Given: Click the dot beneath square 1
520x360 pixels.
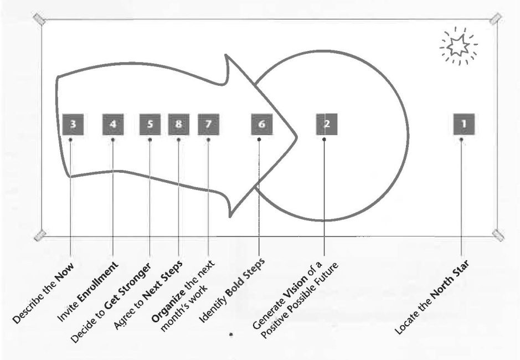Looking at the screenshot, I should [x=462, y=140].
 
